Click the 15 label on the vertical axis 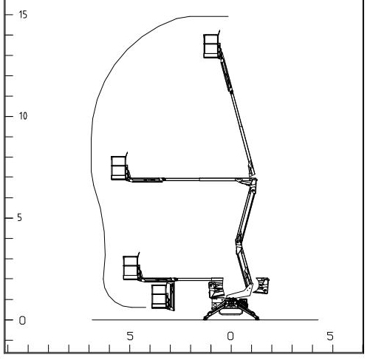point(23,15)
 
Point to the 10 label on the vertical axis point(23,116)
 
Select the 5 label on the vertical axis point(20,218)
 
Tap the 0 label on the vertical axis point(22,321)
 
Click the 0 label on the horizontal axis point(230,336)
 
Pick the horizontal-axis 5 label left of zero point(130,336)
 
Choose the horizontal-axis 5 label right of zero point(330,336)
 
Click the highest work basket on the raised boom point(211,46)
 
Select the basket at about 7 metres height point(119,168)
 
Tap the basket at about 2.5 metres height point(131,268)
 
